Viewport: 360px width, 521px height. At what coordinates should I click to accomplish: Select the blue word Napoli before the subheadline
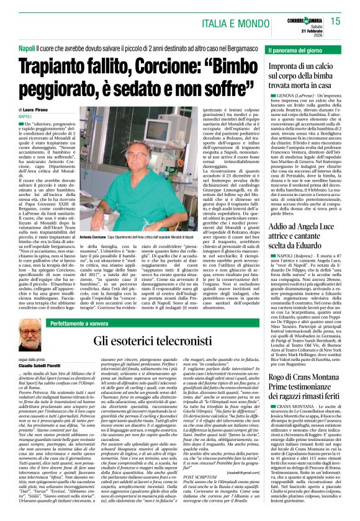coord(27,47)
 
